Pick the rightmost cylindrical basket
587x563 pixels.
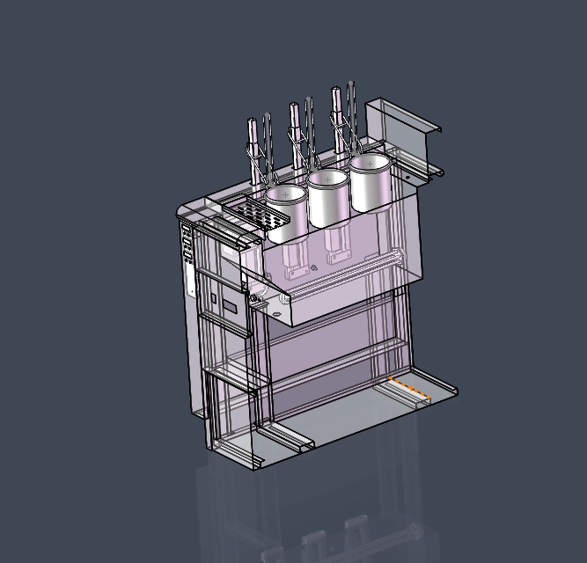[370, 182]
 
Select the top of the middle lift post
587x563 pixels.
[294, 107]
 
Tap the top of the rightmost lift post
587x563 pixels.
[335, 91]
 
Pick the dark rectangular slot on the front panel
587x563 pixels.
[230, 307]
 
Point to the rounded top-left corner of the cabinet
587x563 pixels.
[184, 209]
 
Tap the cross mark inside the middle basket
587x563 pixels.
[328, 179]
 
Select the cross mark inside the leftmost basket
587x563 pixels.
[286, 193]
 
